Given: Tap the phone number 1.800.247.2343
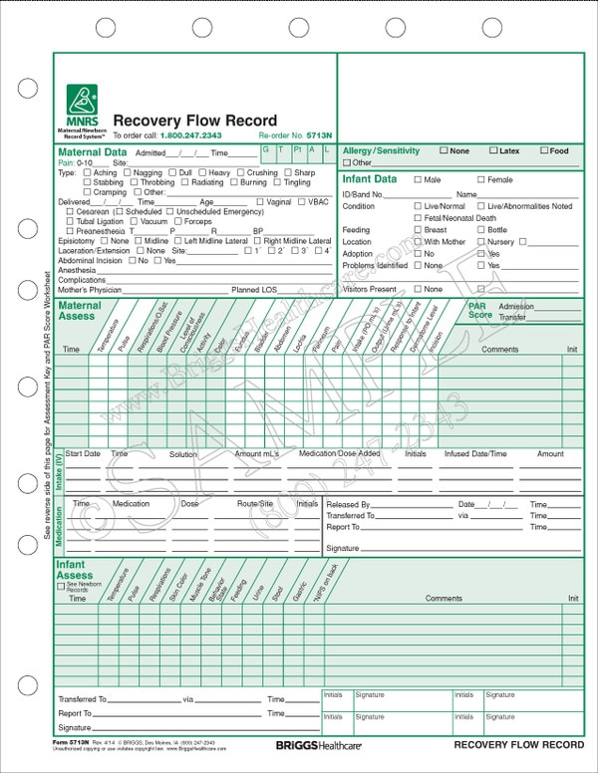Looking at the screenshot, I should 191,135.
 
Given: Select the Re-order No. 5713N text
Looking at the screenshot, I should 295,135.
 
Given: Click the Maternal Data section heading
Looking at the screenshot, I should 93,152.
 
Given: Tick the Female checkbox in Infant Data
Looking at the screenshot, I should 481,180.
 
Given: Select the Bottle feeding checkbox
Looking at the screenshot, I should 481,230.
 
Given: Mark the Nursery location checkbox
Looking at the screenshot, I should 481,242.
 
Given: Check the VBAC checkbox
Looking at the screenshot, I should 303,202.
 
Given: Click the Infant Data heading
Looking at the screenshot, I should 371,179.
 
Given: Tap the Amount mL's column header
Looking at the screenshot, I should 257,454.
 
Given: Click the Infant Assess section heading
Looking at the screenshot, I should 76,571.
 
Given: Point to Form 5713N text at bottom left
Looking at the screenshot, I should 72,742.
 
